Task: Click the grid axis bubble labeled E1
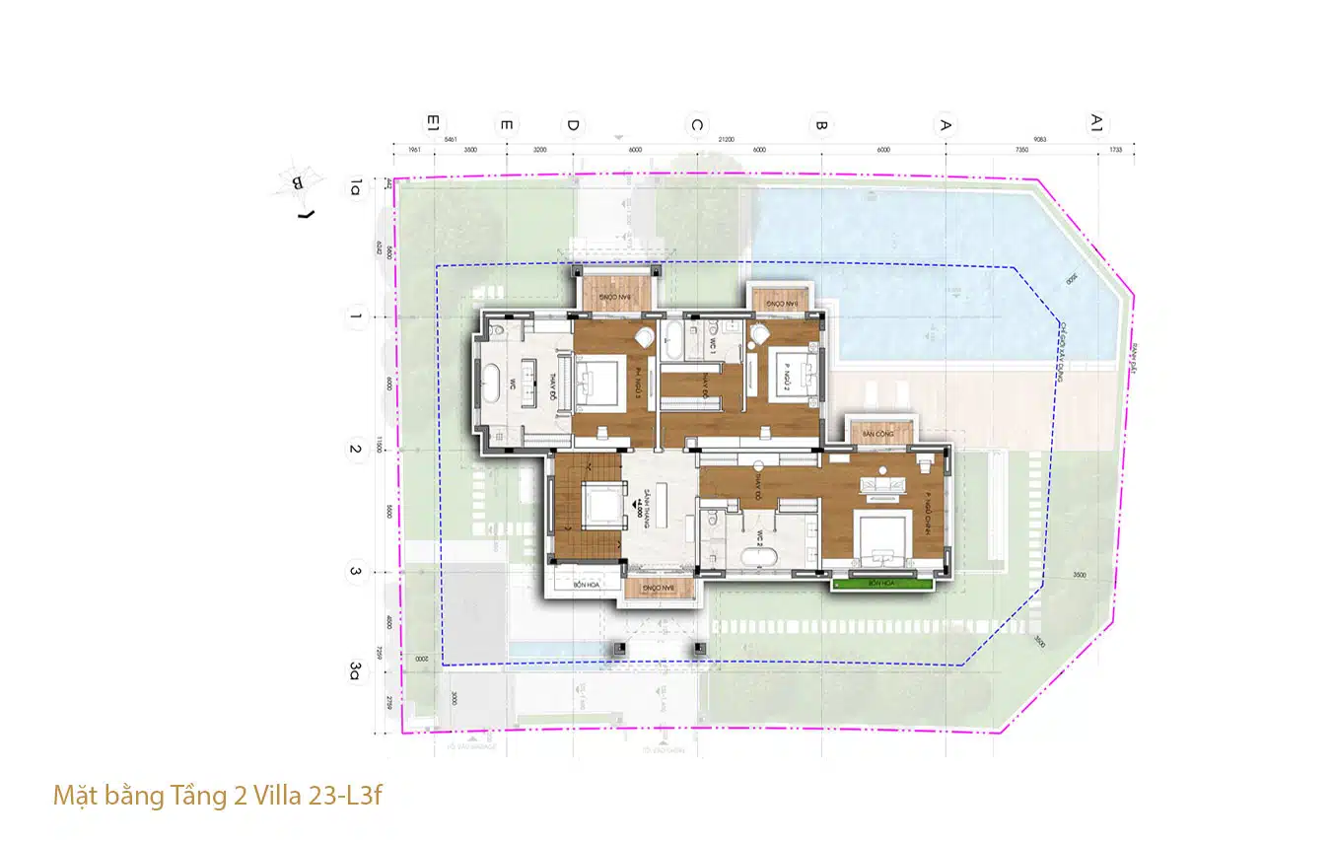[431, 124]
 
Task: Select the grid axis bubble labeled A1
[1096, 123]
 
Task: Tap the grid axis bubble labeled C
[696, 125]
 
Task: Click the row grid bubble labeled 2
[354, 451]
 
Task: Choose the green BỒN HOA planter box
[880, 584]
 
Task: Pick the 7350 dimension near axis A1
[1021, 150]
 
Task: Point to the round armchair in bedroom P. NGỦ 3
[644, 339]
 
